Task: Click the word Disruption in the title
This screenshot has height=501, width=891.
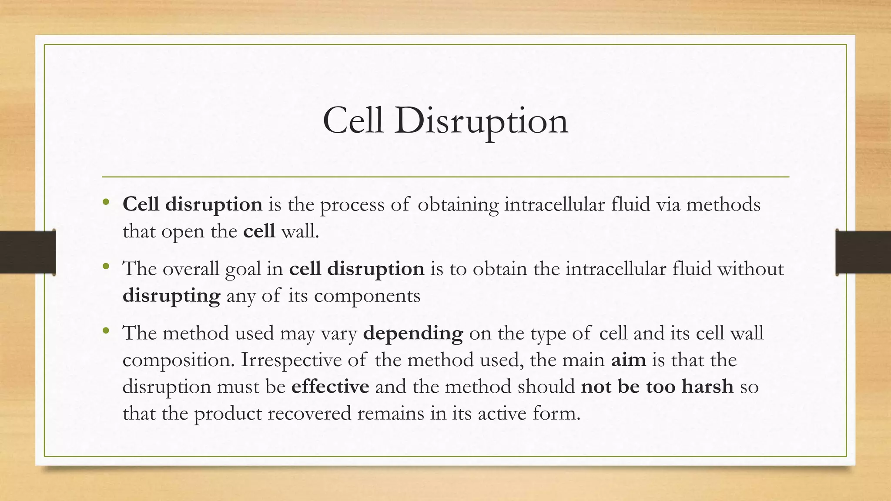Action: point(481,121)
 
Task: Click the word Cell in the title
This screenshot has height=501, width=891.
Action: point(353,120)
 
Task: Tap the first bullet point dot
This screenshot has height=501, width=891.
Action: point(106,202)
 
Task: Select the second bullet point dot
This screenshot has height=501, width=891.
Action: point(106,266)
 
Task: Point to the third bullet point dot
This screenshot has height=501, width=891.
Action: point(106,331)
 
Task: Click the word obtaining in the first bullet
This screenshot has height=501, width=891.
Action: point(458,205)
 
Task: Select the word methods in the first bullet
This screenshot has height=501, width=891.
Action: point(723,204)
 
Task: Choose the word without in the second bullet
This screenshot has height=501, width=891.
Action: point(750,269)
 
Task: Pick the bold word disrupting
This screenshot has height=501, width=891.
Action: point(171,296)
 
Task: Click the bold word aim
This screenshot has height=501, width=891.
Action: point(628,360)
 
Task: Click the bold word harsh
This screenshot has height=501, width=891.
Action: point(707,386)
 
